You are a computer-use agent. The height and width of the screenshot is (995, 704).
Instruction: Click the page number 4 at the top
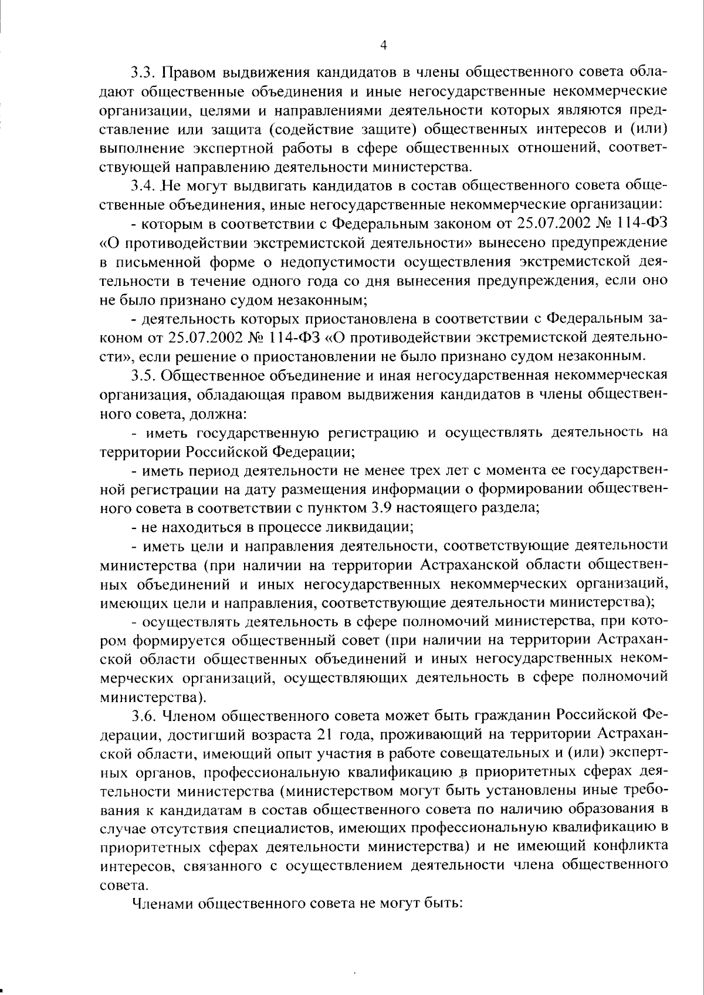pyautogui.click(x=383, y=45)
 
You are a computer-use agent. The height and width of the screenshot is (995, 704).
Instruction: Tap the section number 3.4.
pyautogui.click(x=142, y=187)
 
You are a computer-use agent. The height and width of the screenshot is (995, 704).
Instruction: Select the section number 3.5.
pyautogui.click(x=142, y=375)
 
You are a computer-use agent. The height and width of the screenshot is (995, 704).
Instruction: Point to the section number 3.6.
pyautogui.click(x=143, y=716)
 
